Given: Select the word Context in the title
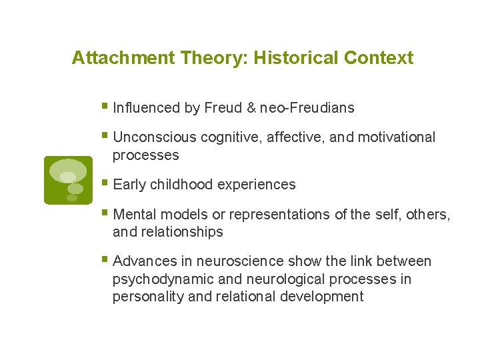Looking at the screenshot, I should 379,58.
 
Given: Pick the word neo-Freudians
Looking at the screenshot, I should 307,107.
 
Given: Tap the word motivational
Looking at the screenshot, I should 397,137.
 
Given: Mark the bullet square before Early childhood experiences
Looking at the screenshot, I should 106,183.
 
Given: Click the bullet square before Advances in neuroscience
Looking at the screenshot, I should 106,259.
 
